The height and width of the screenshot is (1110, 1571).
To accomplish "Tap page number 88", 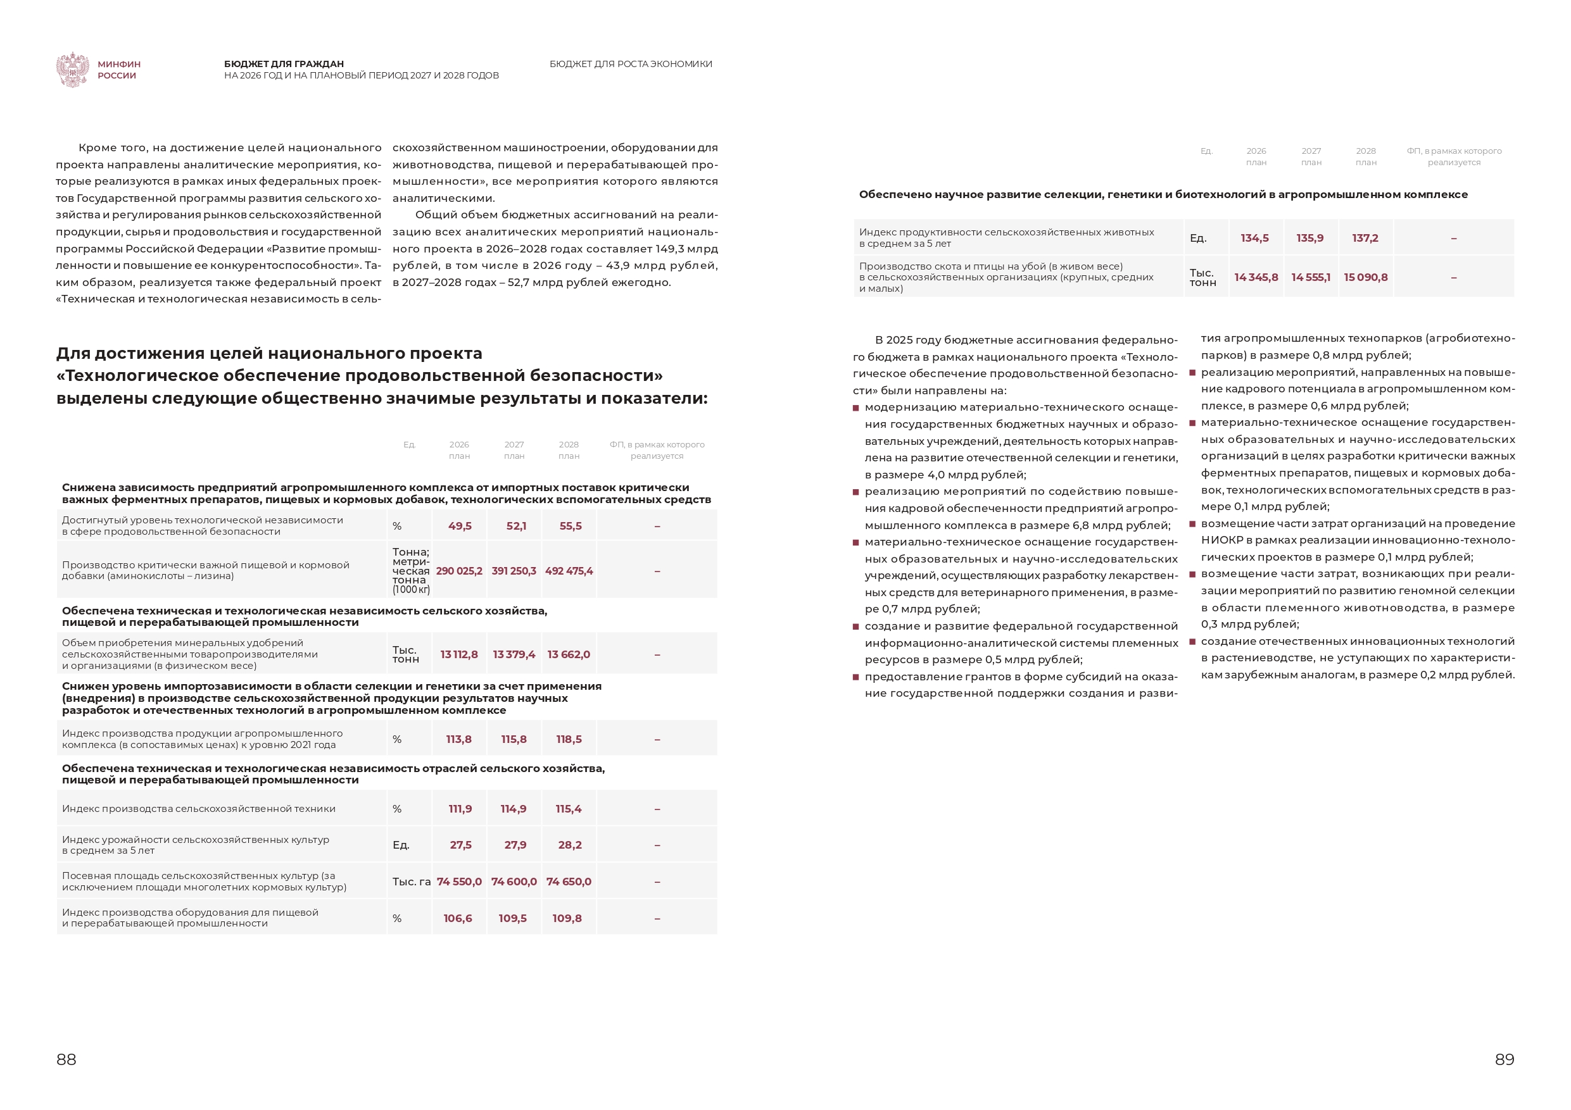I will tap(66, 1059).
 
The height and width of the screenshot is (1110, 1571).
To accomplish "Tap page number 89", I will tap(1504, 1059).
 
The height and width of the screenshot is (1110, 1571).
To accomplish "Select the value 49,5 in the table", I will tap(460, 526).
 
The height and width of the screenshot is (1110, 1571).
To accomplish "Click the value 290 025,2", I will tap(459, 571).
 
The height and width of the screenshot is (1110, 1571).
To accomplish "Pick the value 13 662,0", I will tap(569, 654).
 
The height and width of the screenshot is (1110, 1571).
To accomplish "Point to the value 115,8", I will tap(514, 739).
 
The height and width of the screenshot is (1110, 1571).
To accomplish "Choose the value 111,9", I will tap(460, 809).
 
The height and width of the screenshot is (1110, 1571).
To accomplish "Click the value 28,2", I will tap(569, 845).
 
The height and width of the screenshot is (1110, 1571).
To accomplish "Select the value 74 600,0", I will tap(514, 882).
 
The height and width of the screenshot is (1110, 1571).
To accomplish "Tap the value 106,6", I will tap(458, 918).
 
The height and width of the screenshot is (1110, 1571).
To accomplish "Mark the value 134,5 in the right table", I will tap(1254, 238).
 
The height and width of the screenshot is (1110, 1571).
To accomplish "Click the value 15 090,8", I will tap(1366, 277).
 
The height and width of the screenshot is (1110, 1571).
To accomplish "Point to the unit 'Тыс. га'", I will tap(411, 882).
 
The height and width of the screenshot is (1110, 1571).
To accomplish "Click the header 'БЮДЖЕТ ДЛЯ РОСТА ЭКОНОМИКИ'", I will tap(630, 65).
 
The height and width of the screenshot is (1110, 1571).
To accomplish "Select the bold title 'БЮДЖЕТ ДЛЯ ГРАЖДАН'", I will tap(284, 65).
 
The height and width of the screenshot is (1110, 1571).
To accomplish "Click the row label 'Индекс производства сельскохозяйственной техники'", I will tap(198, 809).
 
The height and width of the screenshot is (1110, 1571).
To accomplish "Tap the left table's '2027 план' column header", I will tap(514, 450).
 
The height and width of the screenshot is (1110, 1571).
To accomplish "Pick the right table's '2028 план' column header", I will tap(1366, 156).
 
